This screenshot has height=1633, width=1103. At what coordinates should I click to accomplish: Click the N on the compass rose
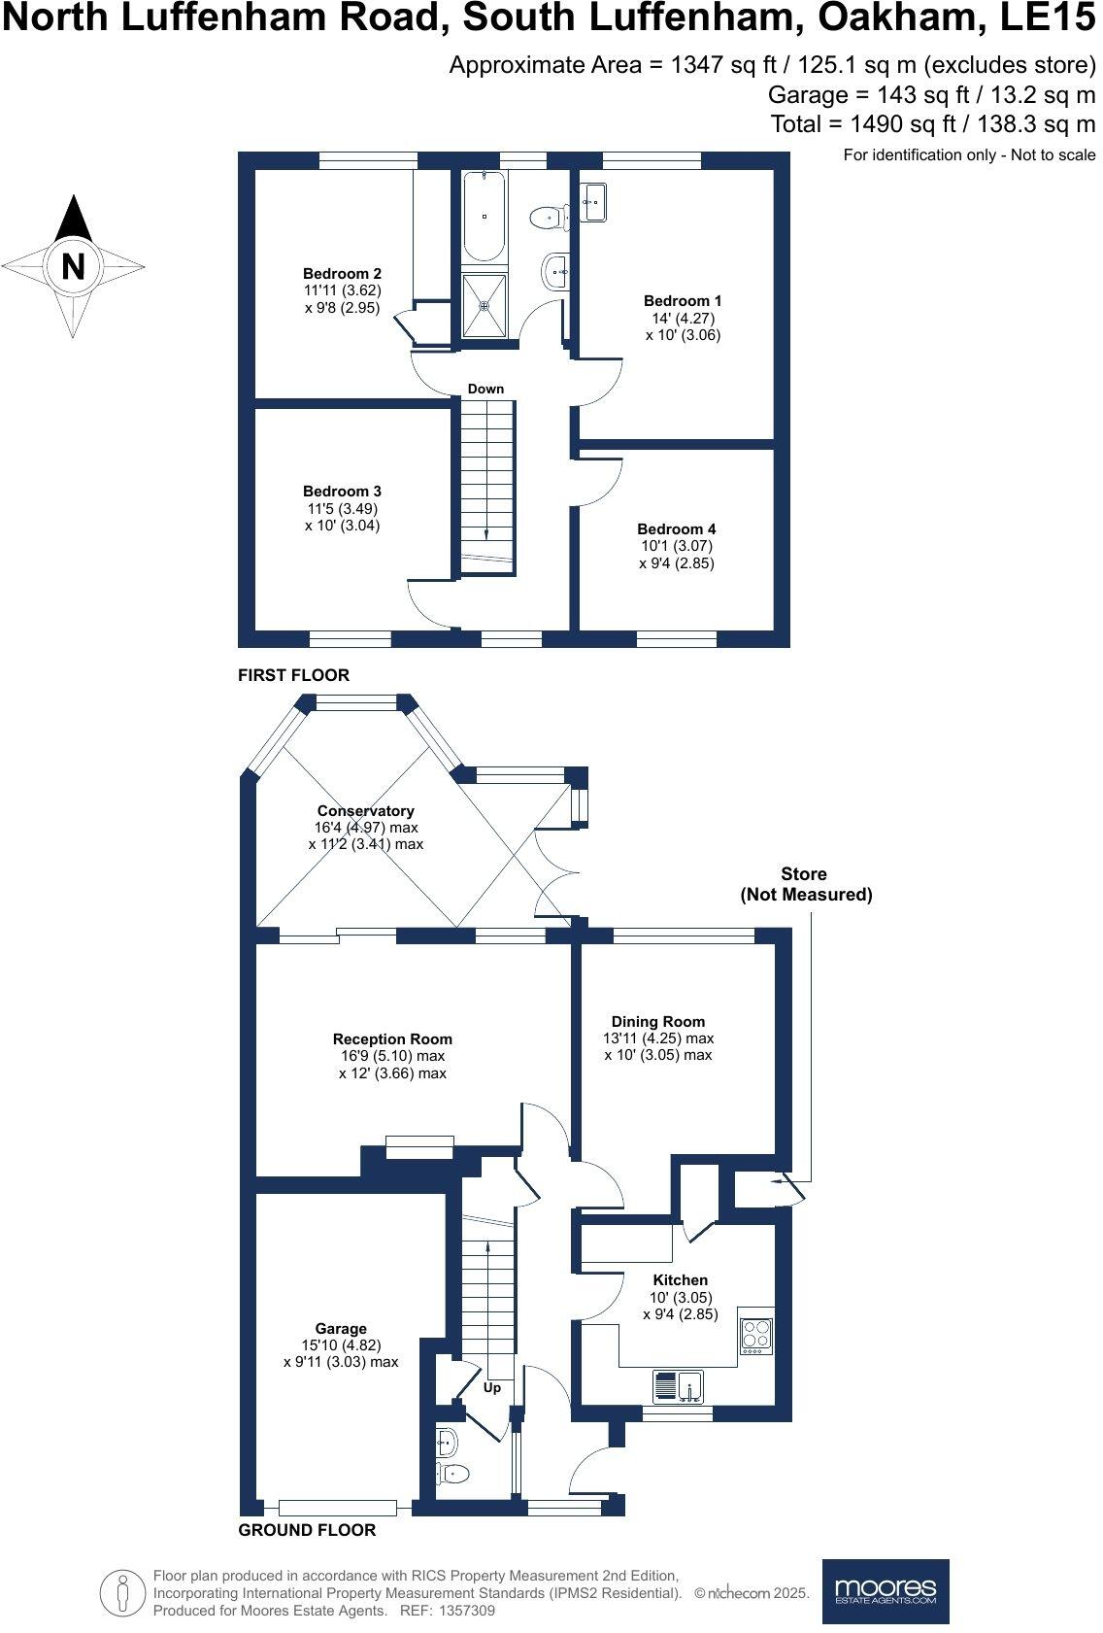(73, 265)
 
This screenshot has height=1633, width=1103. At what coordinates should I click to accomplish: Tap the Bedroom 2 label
(342, 274)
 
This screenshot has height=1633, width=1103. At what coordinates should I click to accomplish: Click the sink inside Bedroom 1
(594, 203)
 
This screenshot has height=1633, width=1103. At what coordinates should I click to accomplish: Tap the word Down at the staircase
(485, 389)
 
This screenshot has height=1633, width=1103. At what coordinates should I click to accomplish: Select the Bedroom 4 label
(677, 529)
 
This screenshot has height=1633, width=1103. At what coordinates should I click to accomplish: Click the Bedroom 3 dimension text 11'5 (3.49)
(341, 508)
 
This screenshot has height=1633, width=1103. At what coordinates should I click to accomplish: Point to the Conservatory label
(365, 811)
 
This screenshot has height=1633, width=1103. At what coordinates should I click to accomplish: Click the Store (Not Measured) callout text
(804, 884)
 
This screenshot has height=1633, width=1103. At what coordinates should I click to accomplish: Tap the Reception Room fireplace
(419, 1146)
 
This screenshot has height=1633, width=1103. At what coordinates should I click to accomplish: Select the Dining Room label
(658, 1022)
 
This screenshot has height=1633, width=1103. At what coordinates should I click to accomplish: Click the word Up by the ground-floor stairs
(492, 1387)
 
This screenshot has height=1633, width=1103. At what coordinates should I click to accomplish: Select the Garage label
(341, 1329)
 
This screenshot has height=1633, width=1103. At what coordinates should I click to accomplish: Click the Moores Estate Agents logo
(886, 1590)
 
